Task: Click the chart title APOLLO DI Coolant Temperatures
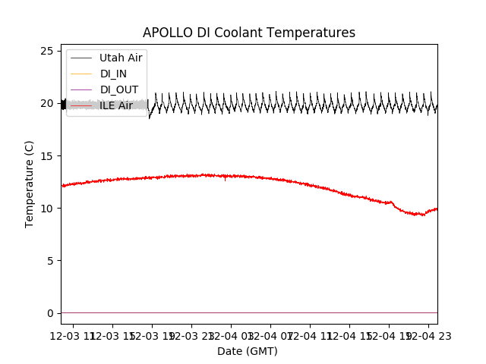click(x=249, y=33)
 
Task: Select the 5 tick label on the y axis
click(x=50, y=260)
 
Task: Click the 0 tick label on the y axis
click(x=50, y=312)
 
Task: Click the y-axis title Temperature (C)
click(x=30, y=184)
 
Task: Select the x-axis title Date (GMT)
click(x=248, y=351)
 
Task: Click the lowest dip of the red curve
click(x=422, y=215)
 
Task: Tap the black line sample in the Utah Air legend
click(x=81, y=58)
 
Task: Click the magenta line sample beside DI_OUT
click(x=81, y=89)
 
